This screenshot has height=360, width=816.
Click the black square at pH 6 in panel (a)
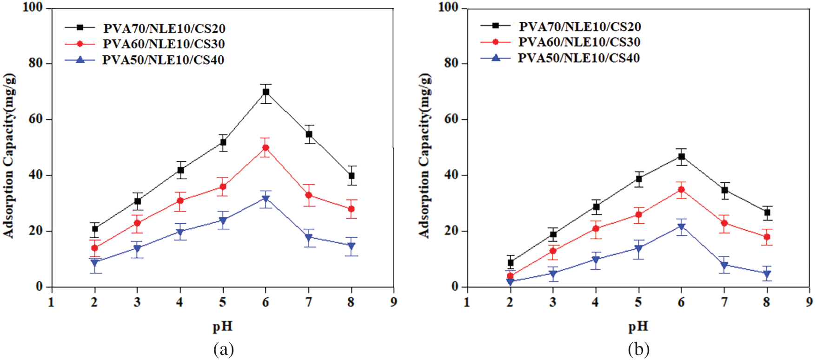click(265, 92)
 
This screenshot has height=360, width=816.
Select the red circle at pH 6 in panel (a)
click(265, 148)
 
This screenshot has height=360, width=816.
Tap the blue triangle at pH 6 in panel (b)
click(681, 227)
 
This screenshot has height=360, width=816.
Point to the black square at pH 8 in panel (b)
click(767, 213)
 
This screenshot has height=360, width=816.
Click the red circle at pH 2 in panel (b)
click(510, 276)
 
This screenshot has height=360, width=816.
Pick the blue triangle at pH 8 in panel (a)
click(351, 246)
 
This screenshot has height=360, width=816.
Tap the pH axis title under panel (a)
click(222, 327)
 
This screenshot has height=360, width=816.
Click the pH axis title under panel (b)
click(638, 327)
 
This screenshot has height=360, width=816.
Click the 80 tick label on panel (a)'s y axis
click(36, 63)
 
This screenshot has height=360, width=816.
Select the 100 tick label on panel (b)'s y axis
click(448, 7)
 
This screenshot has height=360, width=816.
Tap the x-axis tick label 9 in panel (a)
click(394, 302)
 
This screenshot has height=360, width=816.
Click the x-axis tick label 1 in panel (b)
click(467, 302)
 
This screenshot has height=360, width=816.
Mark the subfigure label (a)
click(223, 349)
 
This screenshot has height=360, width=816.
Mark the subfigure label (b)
click(638, 349)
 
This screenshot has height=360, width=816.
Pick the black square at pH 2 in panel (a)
click(95, 228)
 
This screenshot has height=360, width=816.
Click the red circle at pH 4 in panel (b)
click(596, 228)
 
